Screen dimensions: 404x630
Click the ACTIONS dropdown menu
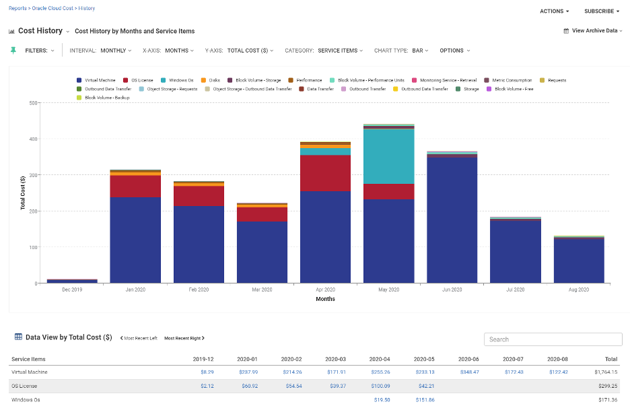555,11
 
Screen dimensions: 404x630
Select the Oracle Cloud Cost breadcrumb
53,9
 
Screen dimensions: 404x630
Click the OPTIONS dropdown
454,50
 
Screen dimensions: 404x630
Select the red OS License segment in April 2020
326,173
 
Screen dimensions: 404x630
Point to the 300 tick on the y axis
32,175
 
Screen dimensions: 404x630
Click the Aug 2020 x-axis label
579,290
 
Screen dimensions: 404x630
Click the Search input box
553,339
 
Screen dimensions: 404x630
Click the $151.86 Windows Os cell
424,400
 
